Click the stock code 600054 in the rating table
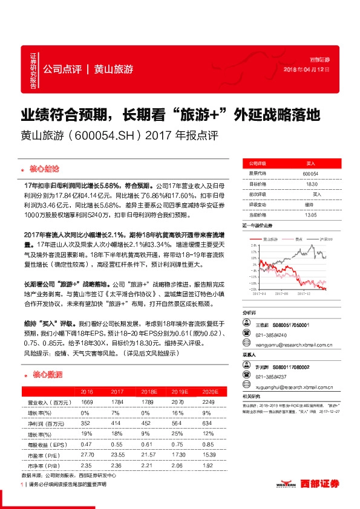click(310, 173)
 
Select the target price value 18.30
click(311, 184)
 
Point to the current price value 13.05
click(310, 215)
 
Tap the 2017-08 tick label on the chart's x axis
click(283, 296)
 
